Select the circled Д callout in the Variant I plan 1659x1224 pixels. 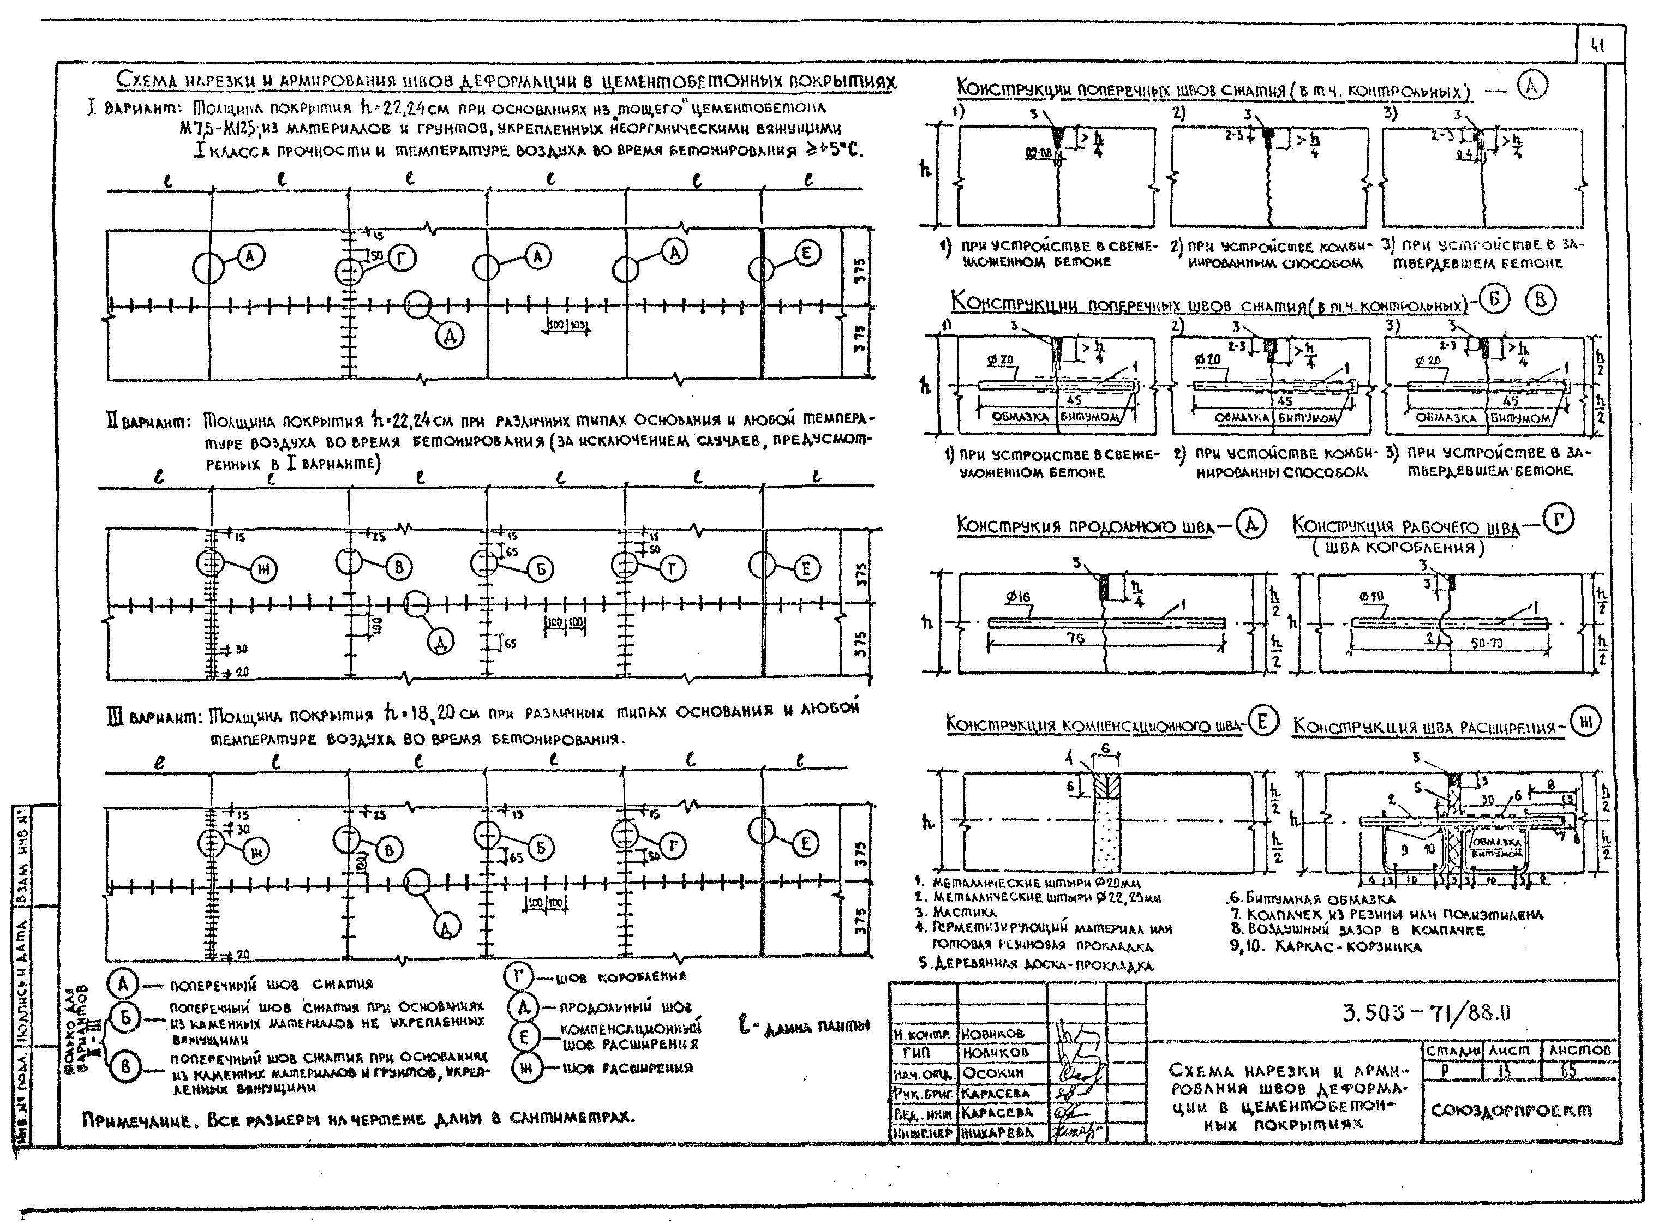tap(449, 337)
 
